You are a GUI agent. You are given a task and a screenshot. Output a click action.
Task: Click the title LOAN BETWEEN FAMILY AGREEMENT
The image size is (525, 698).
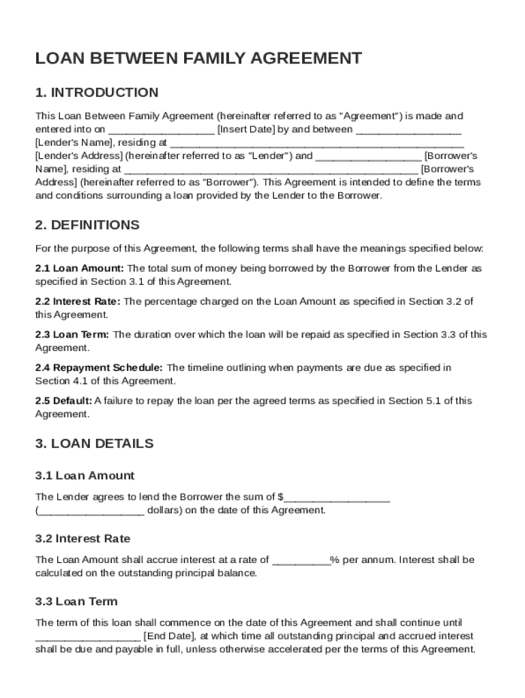(x=198, y=59)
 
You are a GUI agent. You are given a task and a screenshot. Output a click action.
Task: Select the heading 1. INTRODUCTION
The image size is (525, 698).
(x=97, y=93)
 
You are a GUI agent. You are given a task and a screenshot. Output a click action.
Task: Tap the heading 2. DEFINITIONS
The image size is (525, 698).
(x=87, y=225)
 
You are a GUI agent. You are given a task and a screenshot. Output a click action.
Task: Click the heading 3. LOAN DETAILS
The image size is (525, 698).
(x=94, y=444)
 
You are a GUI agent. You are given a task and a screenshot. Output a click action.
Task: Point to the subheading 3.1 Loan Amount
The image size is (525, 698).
(x=85, y=476)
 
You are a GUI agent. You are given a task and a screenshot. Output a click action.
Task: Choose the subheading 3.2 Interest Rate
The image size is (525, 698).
(x=82, y=538)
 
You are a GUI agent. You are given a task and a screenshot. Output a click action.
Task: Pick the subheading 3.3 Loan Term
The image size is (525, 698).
(x=76, y=601)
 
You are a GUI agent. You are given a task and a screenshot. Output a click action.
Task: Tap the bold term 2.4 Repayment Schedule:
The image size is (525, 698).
(x=99, y=368)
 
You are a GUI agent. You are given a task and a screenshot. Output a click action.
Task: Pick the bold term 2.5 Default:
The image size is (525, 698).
(x=63, y=401)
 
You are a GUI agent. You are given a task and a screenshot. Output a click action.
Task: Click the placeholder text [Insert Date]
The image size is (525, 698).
(x=245, y=130)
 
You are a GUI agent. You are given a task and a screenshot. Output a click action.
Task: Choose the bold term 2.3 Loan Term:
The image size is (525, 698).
(x=72, y=335)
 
